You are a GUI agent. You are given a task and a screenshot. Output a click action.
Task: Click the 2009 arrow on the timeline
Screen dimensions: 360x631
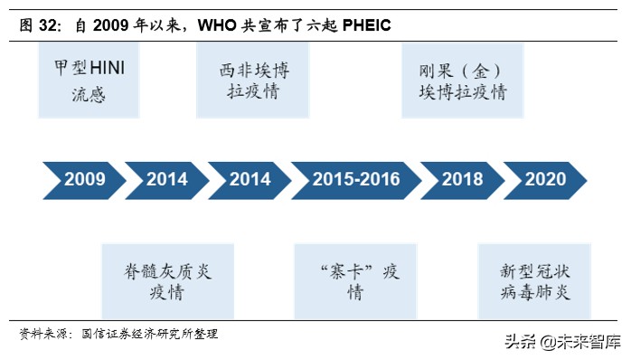coord(82,179)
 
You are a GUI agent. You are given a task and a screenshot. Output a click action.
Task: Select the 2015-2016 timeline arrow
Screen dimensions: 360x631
coord(356,179)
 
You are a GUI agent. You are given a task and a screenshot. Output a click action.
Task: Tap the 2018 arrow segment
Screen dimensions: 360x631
coord(462,179)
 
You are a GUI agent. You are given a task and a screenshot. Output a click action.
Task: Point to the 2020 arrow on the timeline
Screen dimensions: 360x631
coord(545,179)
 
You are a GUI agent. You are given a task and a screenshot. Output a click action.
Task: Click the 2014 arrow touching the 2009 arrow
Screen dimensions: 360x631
coord(166,179)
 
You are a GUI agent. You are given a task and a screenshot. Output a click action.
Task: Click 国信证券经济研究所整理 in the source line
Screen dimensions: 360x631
coord(150,334)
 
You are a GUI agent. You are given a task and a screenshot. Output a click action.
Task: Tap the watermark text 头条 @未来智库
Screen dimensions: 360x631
coord(562,342)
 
